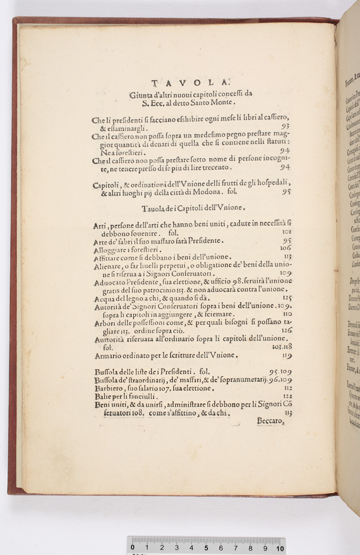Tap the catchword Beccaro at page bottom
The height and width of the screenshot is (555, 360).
click(x=270, y=420)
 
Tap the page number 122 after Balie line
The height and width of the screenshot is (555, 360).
click(x=287, y=396)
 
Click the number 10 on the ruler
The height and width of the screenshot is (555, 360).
click(x=280, y=548)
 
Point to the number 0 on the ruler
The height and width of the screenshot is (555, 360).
click(x=133, y=548)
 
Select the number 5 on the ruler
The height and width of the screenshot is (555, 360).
click(x=206, y=548)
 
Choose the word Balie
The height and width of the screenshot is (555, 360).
click(x=103, y=396)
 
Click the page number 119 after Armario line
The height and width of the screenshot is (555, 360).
click(x=287, y=356)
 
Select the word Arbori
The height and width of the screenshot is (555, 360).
click(x=106, y=323)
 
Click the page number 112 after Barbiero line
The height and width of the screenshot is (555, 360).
click(x=287, y=388)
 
